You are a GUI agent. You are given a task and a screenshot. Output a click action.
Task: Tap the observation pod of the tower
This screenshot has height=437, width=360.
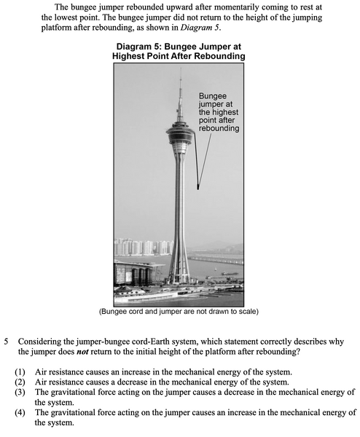[179, 135]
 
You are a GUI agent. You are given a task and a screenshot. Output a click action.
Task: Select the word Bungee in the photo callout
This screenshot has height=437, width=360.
[213, 96]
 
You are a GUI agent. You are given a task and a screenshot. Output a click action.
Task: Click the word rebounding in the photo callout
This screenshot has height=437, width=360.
[219, 128]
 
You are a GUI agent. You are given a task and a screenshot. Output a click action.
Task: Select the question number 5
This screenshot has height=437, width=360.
[7, 340]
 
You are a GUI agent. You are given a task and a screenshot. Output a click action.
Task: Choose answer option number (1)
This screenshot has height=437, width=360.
[20, 371]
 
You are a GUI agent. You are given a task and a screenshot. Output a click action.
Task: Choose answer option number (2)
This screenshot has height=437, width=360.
[20, 382]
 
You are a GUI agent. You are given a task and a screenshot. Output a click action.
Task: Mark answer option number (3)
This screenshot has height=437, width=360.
[20, 392]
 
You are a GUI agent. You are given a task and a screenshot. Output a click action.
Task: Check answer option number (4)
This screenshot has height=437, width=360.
[20, 412]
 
